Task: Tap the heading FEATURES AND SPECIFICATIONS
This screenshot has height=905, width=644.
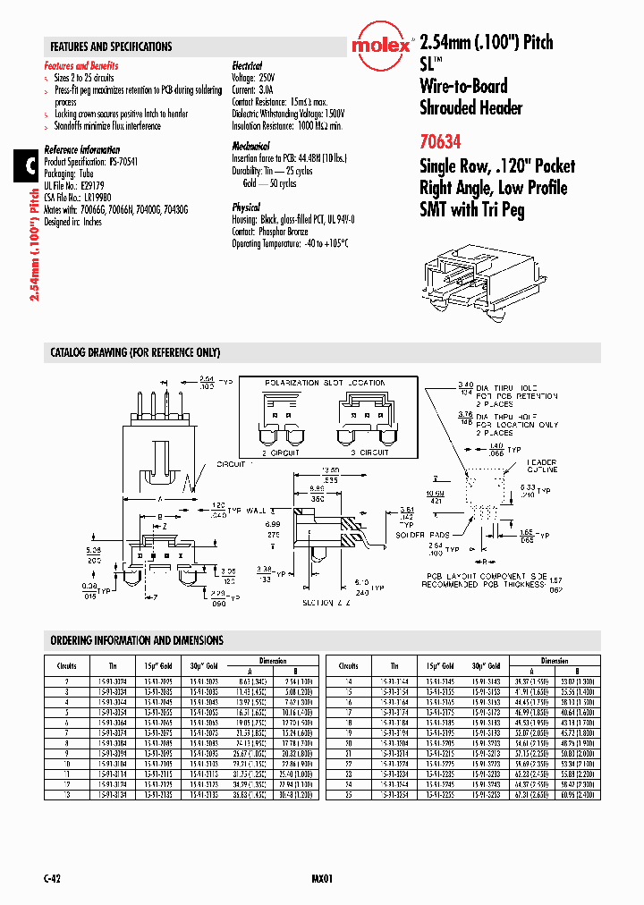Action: tap(111, 47)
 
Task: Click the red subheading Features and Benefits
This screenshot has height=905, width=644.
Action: tap(81, 66)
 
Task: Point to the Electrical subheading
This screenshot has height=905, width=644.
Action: tap(247, 66)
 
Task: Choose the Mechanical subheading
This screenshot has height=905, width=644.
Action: tap(250, 146)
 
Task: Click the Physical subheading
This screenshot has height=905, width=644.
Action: tap(246, 207)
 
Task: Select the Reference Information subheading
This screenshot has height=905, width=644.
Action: tap(82, 149)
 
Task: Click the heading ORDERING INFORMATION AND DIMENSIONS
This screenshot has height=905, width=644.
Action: tap(137, 640)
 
